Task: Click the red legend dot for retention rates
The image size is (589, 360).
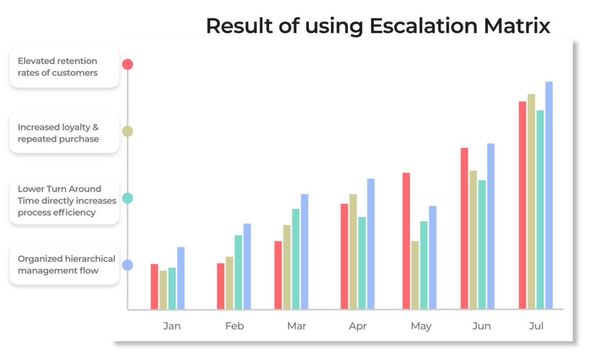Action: (128, 64)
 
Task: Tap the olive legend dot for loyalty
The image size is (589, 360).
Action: (128, 131)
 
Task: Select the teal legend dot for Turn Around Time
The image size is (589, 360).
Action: (128, 198)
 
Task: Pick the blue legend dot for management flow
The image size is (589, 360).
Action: (128, 265)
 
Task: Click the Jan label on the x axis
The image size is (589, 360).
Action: (172, 326)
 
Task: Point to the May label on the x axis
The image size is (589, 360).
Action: (421, 327)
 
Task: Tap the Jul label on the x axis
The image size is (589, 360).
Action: (536, 326)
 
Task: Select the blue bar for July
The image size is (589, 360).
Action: (549, 195)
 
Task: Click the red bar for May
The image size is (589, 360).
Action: (406, 241)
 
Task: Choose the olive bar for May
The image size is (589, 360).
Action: (415, 275)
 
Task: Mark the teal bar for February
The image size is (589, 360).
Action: (239, 272)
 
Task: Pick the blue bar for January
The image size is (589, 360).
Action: (181, 278)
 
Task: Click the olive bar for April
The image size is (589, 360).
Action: (353, 252)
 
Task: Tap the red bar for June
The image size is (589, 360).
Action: (464, 229)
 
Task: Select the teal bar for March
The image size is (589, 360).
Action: (296, 259)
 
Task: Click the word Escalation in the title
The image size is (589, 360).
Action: (423, 26)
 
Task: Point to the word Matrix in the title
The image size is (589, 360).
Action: (517, 26)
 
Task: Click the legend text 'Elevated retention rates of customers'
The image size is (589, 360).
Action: (57, 67)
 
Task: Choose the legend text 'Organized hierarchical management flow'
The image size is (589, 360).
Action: (67, 265)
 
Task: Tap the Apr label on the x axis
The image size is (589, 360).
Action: (358, 327)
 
